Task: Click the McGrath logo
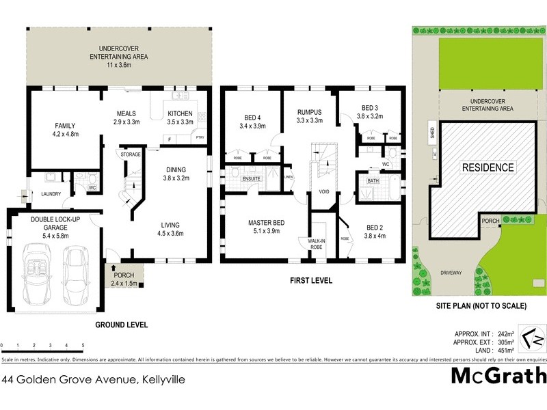pos(498,377)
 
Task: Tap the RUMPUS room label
pos(308,113)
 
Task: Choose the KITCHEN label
pos(180,113)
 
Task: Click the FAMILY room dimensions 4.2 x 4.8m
pos(65,134)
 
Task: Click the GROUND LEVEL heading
pos(121,325)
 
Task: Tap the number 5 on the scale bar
pos(83,346)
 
